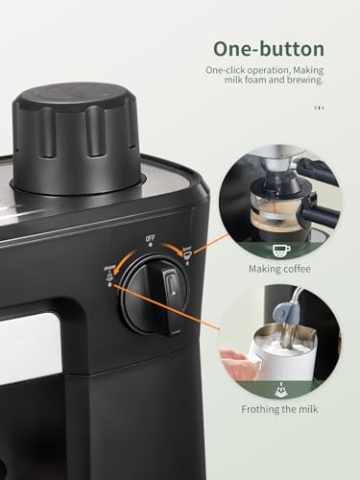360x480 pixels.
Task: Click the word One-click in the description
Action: click(x=227, y=69)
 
